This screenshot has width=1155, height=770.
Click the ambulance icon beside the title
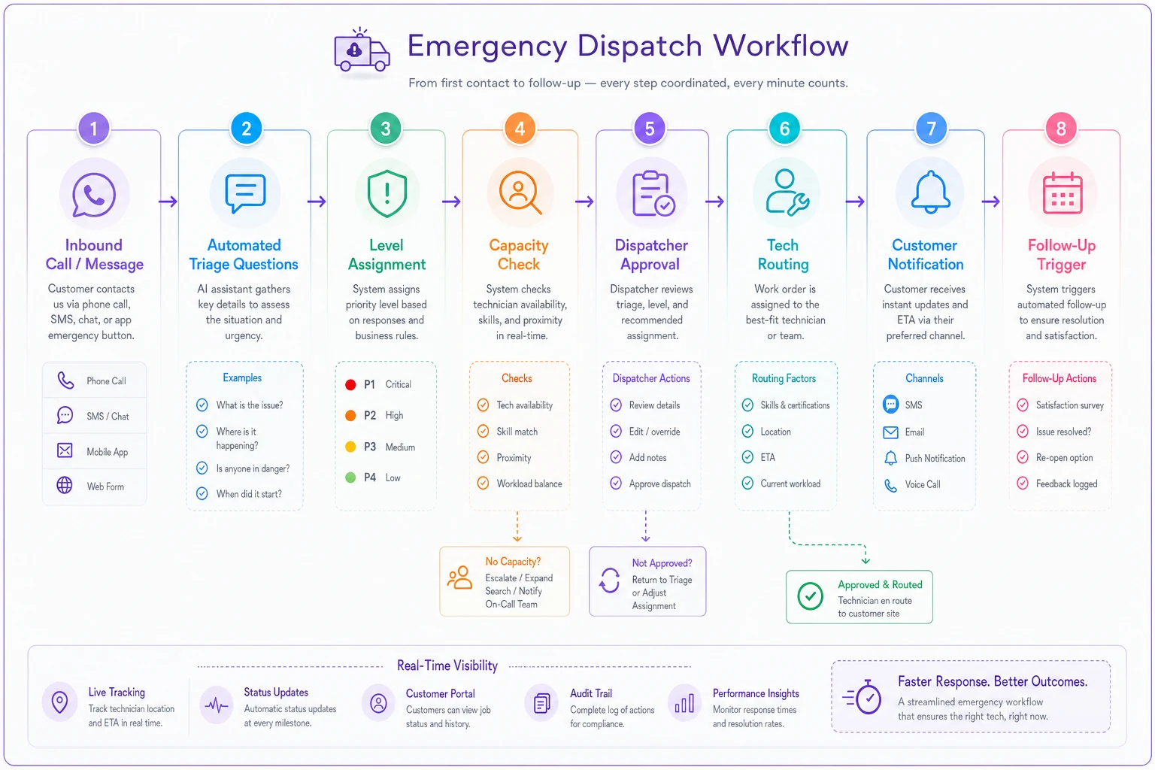tap(362, 50)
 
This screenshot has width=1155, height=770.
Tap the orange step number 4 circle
tap(520, 129)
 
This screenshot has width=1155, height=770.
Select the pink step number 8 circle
tap(1061, 129)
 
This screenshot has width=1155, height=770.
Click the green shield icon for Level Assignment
tap(387, 194)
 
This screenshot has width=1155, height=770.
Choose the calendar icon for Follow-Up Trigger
tap(1063, 193)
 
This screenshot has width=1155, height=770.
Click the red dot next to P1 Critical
tap(350, 385)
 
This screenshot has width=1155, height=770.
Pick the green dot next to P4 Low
tap(350, 477)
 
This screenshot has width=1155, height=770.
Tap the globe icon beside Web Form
tap(65, 485)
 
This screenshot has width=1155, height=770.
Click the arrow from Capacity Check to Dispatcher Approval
tap(585, 201)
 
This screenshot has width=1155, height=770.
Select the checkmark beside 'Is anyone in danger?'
tap(202, 468)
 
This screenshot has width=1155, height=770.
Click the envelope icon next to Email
tap(890, 432)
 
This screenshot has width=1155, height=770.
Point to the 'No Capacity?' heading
tap(513, 562)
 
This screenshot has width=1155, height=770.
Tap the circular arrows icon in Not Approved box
tap(610, 581)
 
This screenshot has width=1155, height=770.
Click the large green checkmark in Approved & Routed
tap(810, 597)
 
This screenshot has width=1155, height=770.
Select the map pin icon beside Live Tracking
tap(60, 702)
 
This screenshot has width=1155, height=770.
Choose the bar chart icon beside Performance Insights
tap(684, 704)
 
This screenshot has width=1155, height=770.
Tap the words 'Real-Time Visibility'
tap(447, 665)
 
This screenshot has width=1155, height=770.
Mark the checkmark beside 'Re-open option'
tap(1023, 457)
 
